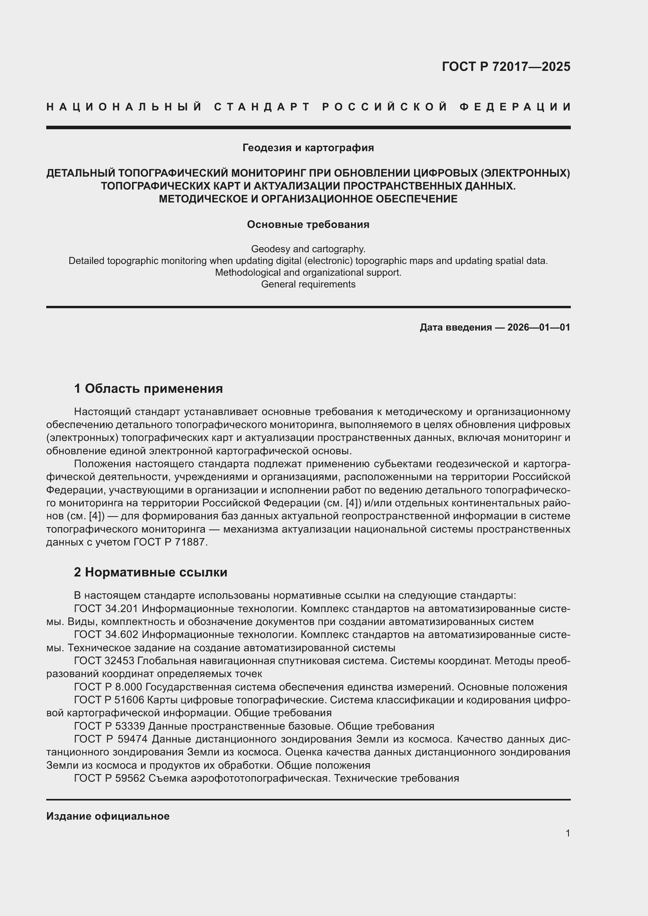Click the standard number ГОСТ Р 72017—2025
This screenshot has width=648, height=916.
point(506,66)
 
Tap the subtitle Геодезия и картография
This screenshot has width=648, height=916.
point(308,148)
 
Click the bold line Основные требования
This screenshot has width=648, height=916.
point(308,225)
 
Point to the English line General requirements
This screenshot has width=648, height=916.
point(308,284)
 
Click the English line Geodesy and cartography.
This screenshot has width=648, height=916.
point(308,249)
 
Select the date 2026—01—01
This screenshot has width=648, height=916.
point(539,327)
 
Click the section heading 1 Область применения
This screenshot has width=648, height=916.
point(148,388)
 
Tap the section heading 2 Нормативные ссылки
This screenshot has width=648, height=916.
point(150,573)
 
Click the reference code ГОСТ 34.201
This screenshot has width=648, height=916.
point(106,609)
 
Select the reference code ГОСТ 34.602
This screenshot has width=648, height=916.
point(106,635)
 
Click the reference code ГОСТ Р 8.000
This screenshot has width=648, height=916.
point(109,687)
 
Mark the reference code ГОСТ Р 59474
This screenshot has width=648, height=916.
point(110,739)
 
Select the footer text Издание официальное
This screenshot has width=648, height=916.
point(108,816)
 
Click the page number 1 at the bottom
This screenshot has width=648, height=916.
point(568,833)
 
